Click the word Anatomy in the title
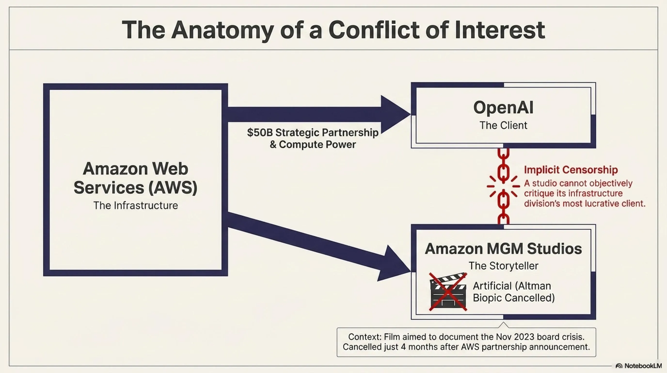tap(222, 31)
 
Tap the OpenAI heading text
tap(503, 107)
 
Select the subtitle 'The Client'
tap(503, 125)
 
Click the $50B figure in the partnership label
tap(260, 133)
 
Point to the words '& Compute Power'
tap(313, 144)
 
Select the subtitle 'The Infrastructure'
tap(136, 205)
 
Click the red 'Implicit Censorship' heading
tap(571, 170)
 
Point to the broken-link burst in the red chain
tap(503, 186)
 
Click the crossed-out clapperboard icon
tap(448, 291)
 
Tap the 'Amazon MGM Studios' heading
tap(503, 248)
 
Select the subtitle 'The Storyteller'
tap(503, 266)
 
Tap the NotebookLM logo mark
tap(619, 366)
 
